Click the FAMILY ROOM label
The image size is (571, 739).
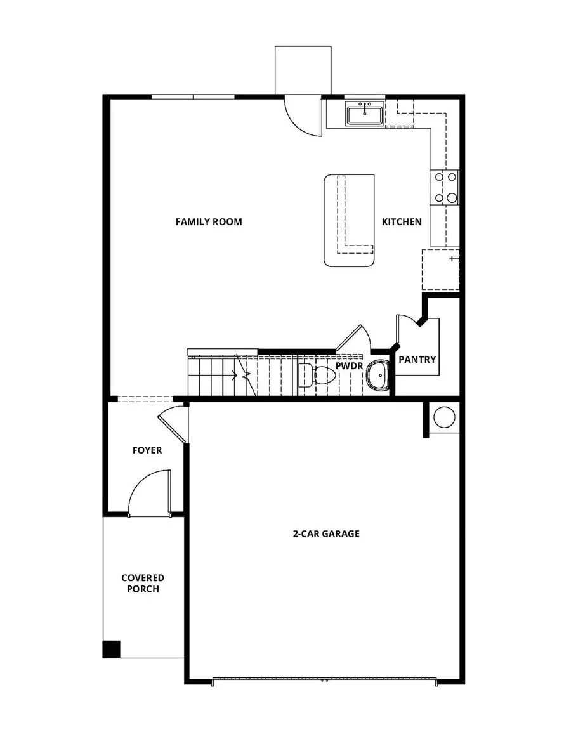(x=209, y=221)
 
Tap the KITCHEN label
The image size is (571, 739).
(x=402, y=221)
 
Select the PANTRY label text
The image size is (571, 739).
(x=417, y=360)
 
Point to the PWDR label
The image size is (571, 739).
(x=348, y=366)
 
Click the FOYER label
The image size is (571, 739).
(x=147, y=450)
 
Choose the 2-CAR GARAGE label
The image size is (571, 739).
(x=326, y=533)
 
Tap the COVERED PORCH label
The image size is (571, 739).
(x=143, y=584)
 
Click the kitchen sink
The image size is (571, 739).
(x=364, y=115)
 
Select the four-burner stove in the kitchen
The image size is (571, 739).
(x=445, y=188)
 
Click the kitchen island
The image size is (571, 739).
(x=348, y=220)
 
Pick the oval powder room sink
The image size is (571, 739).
(x=379, y=375)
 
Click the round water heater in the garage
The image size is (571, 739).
(x=444, y=417)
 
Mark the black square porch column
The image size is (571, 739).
(x=111, y=649)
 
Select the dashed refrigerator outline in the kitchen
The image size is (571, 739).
(x=440, y=270)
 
